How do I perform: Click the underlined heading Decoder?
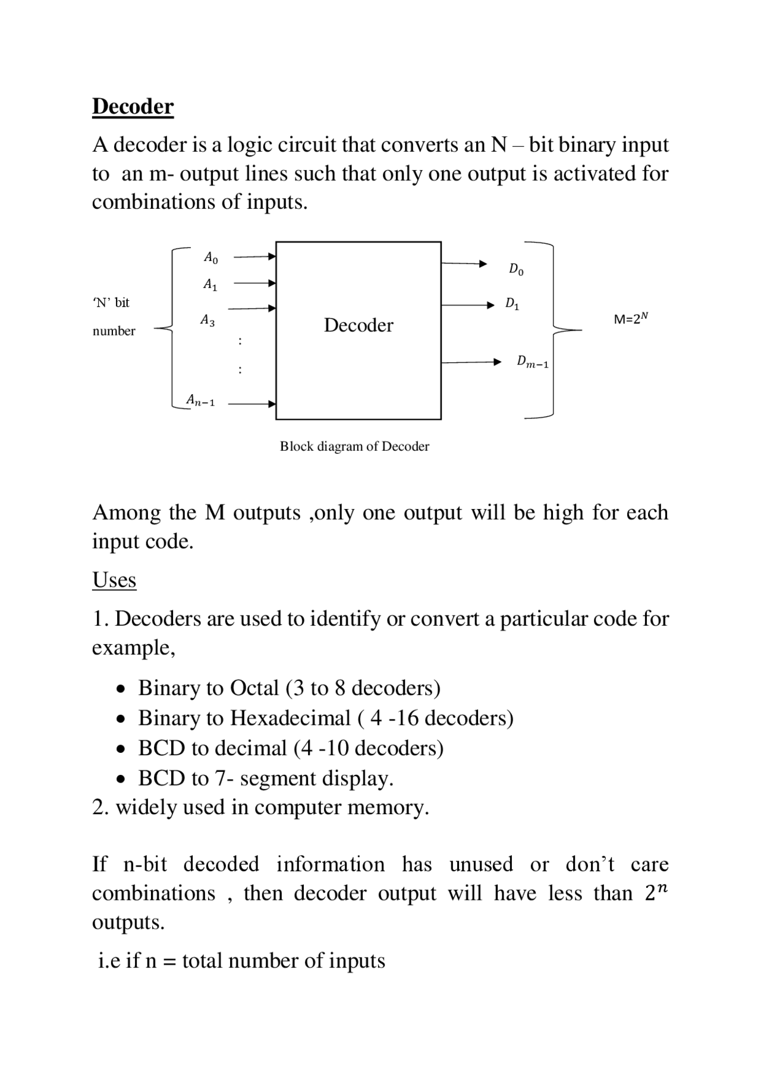[133, 106]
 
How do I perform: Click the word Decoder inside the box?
[358, 325]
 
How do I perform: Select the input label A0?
[210, 258]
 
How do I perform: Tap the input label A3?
[207, 321]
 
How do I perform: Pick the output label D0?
[516, 269]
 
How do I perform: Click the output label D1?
[512, 304]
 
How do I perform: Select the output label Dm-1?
[532, 362]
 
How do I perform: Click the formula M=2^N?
[630, 319]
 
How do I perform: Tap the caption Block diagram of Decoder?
[354, 447]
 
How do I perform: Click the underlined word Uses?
[114, 580]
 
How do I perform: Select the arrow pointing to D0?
[464, 263]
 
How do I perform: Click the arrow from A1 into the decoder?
[254, 284]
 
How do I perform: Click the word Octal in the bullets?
[254, 688]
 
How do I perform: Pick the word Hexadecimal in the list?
[290, 718]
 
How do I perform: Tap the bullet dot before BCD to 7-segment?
[121, 779]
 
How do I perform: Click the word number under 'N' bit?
[114, 331]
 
